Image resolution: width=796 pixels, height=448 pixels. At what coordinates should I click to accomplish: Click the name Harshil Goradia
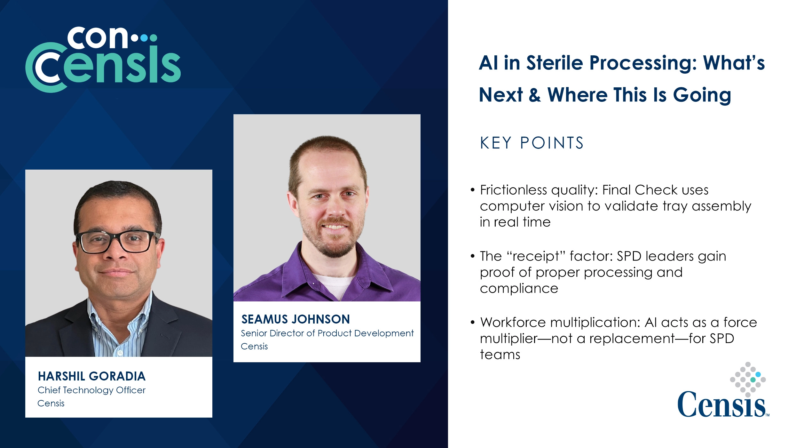point(92,376)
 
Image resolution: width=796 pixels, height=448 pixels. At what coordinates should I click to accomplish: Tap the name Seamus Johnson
point(296,319)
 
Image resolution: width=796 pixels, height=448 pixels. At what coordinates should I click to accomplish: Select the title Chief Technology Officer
point(91,390)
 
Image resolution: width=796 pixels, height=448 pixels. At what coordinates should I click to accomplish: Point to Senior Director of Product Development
point(327,333)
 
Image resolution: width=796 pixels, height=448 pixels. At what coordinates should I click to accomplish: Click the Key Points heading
point(532,143)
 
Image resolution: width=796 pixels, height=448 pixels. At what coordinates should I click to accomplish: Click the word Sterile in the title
point(555,63)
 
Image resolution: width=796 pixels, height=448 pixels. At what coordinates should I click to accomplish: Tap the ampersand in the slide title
point(535,95)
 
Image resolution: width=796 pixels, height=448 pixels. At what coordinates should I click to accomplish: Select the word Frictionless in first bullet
point(514,190)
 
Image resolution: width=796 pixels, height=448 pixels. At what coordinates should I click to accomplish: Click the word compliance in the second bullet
point(519,289)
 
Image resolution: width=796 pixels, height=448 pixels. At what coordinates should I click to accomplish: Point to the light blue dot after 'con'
point(145,38)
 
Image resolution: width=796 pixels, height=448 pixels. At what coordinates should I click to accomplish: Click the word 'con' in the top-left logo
point(98,38)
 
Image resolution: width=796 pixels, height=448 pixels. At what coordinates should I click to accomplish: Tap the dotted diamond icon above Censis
point(748,380)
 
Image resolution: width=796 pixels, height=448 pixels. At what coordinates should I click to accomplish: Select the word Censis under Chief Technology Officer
point(51,404)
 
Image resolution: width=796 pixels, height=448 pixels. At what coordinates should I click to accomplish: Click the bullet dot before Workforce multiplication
point(473,322)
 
